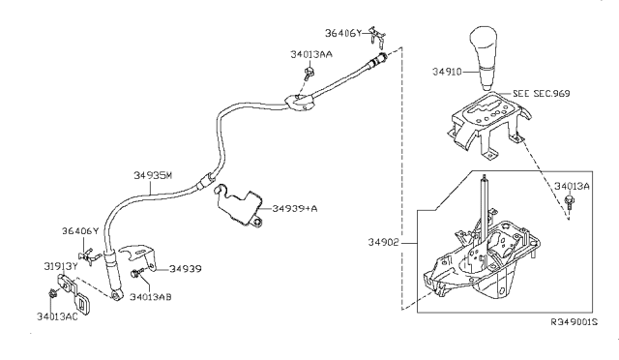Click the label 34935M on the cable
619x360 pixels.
coord(152,175)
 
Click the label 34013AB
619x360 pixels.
coord(150,297)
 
